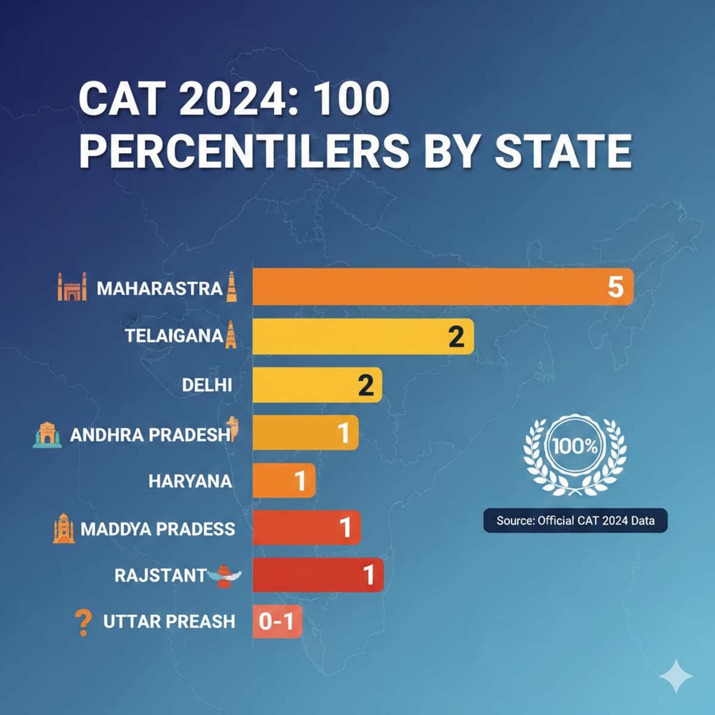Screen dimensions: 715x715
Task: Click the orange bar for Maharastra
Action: pos(441,287)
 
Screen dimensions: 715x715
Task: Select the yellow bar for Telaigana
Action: pos(362,337)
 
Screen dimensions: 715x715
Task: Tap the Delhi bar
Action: pos(316,385)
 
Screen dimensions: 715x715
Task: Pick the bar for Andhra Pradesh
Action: pos(304,433)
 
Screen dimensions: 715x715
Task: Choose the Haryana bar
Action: pos(283,480)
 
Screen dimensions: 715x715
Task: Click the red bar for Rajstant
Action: pos(317,575)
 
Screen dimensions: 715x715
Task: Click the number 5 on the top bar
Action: pos(615,287)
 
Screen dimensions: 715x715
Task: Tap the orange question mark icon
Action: pos(83,622)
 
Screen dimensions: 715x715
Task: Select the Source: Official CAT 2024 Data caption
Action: pos(575,521)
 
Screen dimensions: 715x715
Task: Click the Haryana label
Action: pos(190,481)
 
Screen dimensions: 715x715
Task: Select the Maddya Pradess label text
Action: pos(157,529)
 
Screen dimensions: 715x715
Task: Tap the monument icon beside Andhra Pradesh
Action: pos(47,434)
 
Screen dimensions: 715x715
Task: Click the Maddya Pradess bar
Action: pos(306,527)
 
